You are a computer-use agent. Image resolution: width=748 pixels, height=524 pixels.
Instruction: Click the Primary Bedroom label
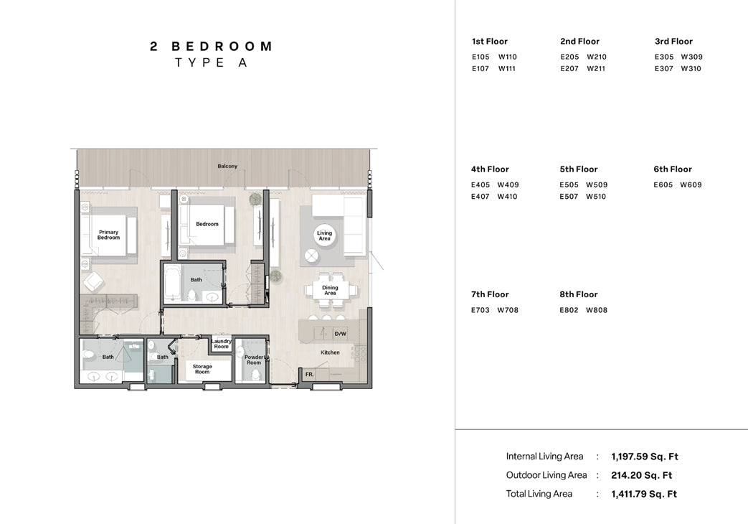[x=108, y=235]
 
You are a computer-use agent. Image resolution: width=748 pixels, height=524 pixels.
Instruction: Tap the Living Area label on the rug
[x=324, y=235]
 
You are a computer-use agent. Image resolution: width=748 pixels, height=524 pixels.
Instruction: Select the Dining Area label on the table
[x=330, y=290]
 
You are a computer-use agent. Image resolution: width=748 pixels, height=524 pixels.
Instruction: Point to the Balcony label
[x=227, y=167]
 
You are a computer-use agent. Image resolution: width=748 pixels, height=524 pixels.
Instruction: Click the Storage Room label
[x=202, y=369]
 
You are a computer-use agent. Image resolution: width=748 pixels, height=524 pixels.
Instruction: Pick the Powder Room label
[x=254, y=360]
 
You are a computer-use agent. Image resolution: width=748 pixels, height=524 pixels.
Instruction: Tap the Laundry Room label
[x=222, y=344]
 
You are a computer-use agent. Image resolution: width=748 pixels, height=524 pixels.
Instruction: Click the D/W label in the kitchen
[x=340, y=334]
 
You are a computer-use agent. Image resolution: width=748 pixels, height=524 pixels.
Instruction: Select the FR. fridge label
[x=310, y=375]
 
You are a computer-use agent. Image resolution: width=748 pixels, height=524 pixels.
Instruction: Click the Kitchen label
[x=330, y=352]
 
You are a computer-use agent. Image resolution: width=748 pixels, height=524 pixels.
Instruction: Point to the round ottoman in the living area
[x=311, y=256]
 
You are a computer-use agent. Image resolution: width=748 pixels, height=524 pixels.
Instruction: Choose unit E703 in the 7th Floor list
[x=480, y=310]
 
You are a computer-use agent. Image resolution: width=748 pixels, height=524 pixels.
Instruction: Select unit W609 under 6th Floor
[x=691, y=185]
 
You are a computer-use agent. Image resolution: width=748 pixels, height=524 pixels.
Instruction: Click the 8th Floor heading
[x=579, y=294]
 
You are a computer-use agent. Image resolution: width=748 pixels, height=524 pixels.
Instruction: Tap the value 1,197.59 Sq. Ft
[x=645, y=457]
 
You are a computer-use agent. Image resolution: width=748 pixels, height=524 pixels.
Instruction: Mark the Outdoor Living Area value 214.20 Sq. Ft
[x=642, y=475]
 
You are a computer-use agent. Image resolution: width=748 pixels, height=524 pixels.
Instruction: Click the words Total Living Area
[x=539, y=494]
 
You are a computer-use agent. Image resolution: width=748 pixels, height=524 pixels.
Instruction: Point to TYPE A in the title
[x=211, y=62]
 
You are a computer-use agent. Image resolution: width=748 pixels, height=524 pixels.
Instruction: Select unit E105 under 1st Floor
[x=480, y=57]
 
